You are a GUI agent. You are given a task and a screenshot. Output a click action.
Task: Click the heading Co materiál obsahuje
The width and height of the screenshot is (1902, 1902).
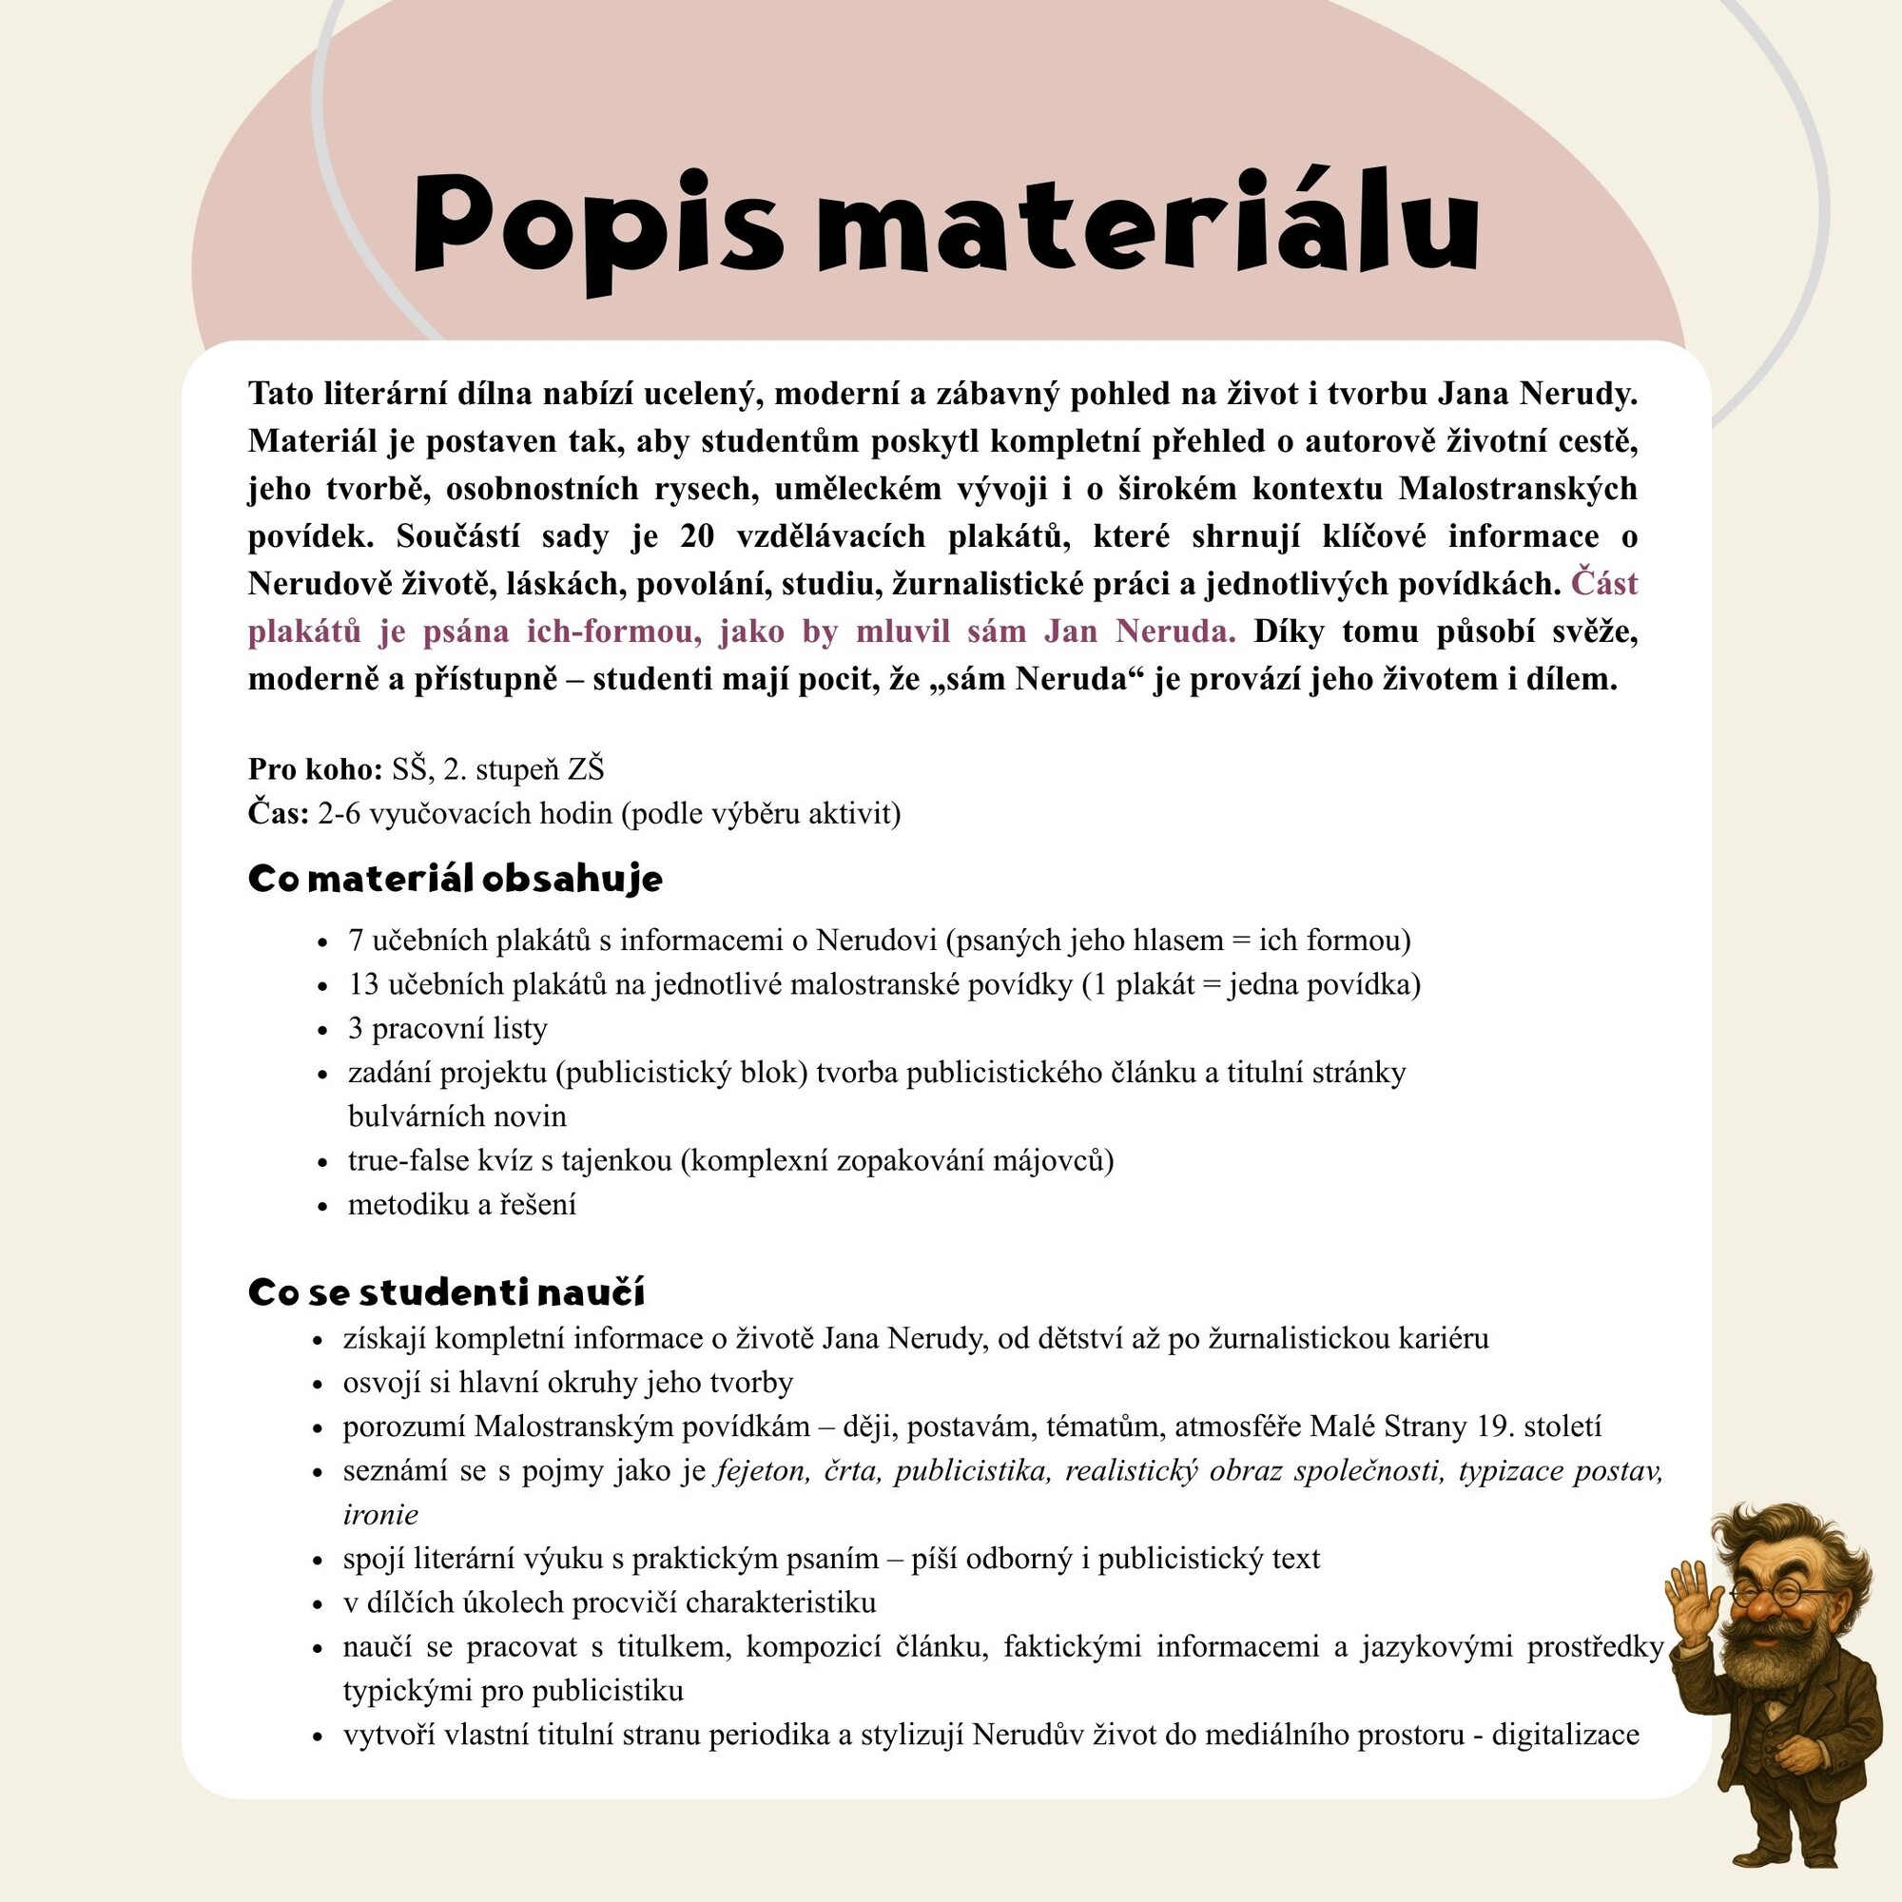pyautogui.click(x=455, y=878)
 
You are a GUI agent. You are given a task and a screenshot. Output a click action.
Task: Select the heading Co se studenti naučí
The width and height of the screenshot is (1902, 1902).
pyautogui.click(x=446, y=1291)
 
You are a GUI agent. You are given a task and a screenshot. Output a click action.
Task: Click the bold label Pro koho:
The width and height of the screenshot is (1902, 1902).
pyautogui.click(x=315, y=768)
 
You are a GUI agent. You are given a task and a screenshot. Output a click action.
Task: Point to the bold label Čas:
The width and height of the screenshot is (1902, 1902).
pyautogui.click(x=279, y=813)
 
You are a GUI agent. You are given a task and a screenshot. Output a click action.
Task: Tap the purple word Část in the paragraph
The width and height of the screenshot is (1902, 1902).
pyautogui.click(x=1604, y=584)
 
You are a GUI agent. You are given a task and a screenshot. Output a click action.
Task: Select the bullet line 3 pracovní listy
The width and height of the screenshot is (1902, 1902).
pyautogui.click(x=447, y=1029)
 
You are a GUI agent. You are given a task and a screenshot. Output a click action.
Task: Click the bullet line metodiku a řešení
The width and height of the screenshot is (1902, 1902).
pyautogui.click(x=462, y=1205)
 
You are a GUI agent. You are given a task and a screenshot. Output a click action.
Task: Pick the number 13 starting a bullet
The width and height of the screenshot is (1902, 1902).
pyautogui.click(x=363, y=984)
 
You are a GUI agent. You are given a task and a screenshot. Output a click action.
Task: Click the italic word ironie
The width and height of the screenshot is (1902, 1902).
pyautogui.click(x=380, y=1514)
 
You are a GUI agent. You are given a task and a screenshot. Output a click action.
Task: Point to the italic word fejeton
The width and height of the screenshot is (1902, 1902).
pyautogui.click(x=763, y=1471)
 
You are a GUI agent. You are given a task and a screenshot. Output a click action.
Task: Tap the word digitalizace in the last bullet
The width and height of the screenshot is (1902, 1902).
pyautogui.click(x=1565, y=1735)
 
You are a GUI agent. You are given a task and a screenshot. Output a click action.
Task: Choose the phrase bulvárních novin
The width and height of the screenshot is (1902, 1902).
pyautogui.click(x=456, y=1116)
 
